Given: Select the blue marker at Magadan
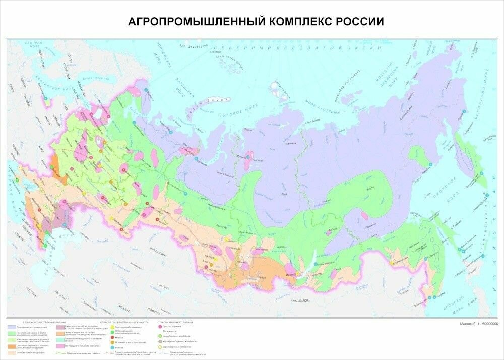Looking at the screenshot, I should click(x=430, y=165).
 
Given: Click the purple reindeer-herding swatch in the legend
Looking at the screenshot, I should click(x=11, y=327).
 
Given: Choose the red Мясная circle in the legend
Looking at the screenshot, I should click(x=111, y=338).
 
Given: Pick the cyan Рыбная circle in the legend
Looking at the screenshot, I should click(x=111, y=347).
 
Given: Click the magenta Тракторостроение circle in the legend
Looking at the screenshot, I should click(x=160, y=327).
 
